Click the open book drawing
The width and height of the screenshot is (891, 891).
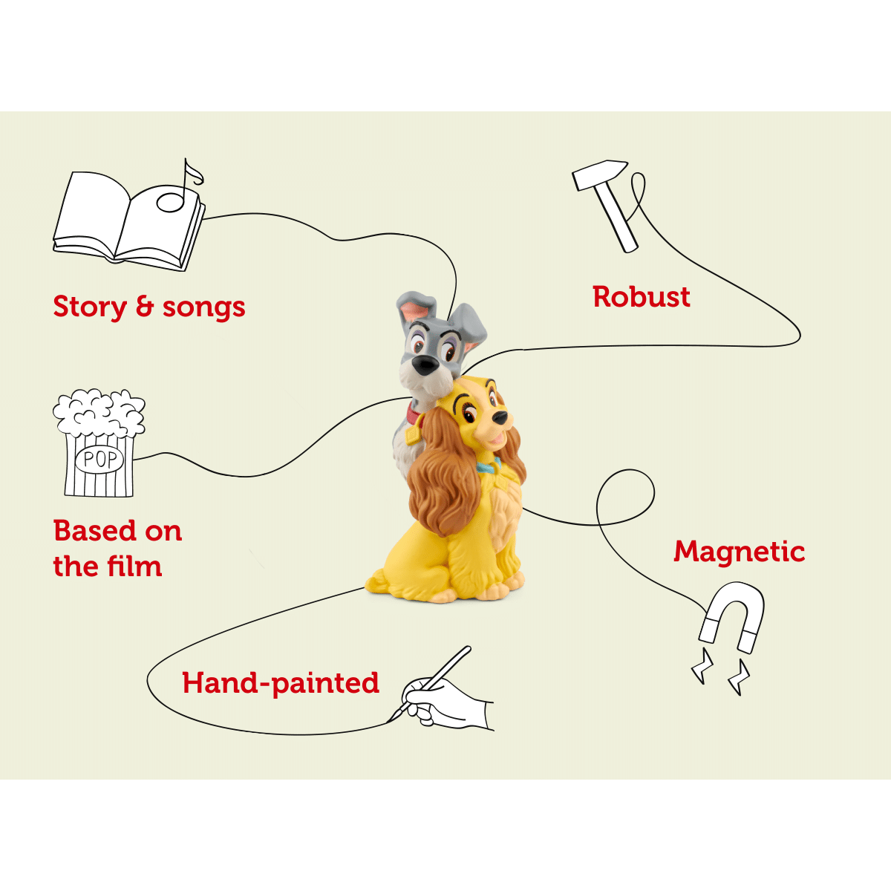pos(128,221)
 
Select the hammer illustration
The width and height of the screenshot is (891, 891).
pos(605,204)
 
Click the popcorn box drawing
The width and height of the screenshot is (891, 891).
pos(99,443)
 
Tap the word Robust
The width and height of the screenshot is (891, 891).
pos(642,296)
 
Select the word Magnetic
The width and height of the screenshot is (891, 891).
pos(739,552)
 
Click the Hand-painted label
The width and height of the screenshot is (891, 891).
pos(281,683)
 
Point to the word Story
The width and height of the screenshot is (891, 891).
pos(90,307)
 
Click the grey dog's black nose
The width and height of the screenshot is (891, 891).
pos(425,365)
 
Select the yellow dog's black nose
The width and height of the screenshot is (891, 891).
pos(500,417)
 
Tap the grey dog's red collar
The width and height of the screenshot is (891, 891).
pos(414,414)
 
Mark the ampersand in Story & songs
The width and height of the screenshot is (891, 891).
pos(145,307)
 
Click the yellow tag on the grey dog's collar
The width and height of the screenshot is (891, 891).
pos(411,434)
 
